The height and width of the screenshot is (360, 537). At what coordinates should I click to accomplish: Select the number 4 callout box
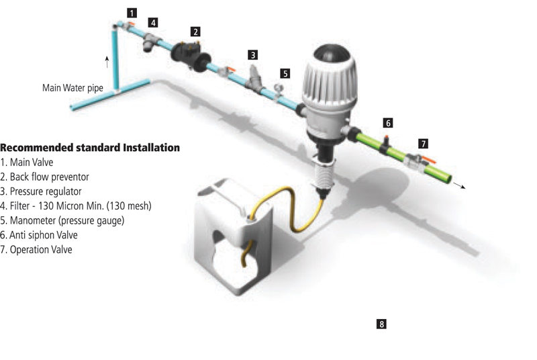[154, 22]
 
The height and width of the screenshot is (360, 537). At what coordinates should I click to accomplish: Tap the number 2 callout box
[195, 31]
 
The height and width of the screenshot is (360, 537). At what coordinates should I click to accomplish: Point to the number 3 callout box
[252, 54]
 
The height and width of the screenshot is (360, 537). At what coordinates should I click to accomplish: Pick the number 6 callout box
[387, 123]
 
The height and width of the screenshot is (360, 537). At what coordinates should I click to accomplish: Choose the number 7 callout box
[423, 143]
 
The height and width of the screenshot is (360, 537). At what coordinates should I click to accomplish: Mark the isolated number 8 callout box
[382, 324]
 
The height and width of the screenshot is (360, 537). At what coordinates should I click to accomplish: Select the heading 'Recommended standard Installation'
[90, 147]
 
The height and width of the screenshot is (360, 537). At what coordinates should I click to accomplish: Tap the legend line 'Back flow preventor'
[45, 177]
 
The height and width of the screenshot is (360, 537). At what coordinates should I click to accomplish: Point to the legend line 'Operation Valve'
[36, 250]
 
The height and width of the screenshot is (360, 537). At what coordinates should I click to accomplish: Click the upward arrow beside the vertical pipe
[106, 63]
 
